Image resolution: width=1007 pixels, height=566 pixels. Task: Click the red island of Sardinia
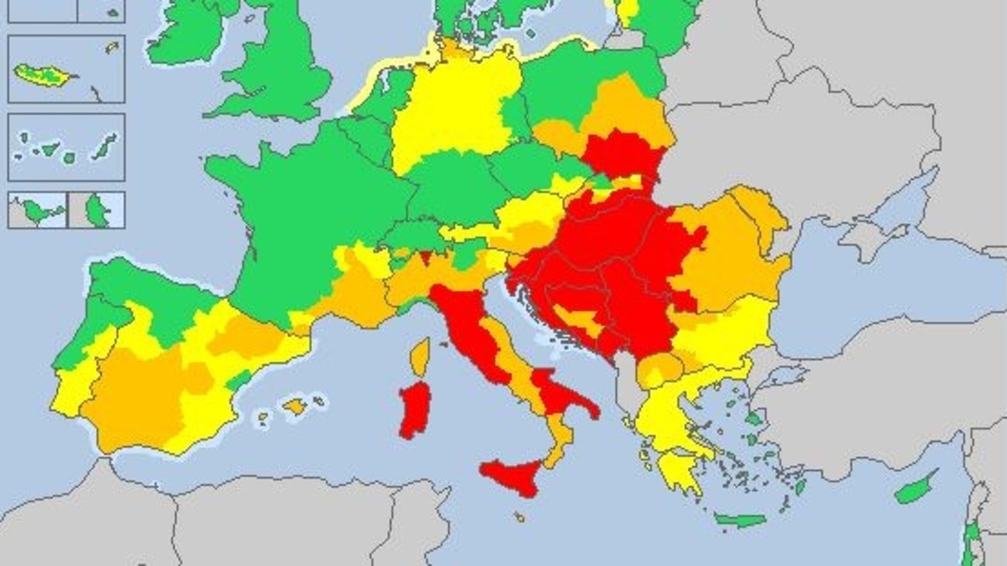415,409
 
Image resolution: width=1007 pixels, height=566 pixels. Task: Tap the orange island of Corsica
420,357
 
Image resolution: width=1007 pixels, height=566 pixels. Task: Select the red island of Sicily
514,475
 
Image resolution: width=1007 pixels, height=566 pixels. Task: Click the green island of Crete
739,520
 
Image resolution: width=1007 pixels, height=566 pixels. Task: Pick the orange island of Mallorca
294,406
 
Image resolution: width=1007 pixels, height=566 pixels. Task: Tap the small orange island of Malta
519,516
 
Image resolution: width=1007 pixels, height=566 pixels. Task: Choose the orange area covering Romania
728,248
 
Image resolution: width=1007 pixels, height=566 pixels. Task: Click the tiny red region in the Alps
424,257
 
